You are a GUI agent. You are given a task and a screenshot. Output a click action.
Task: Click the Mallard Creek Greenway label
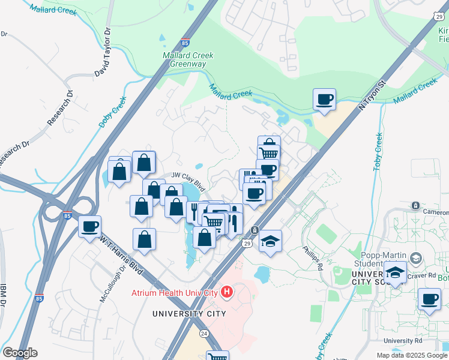pyautogui.click(x=188, y=60)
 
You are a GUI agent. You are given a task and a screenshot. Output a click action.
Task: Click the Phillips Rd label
pyautogui.click(x=313, y=257)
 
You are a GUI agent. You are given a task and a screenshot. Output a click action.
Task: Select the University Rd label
pyautogui.click(x=399, y=341)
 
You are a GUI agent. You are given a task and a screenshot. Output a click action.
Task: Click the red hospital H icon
pyautogui.click(x=227, y=293)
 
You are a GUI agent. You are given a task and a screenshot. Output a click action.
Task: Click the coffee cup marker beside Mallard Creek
pyautogui.click(x=325, y=100)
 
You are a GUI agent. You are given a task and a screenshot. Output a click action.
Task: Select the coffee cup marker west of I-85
pyautogui.click(x=90, y=227)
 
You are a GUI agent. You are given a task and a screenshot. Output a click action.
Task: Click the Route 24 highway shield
pyautogui.click(x=202, y=333)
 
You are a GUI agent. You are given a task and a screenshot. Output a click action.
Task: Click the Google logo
pyautogui.click(x=20, y=353)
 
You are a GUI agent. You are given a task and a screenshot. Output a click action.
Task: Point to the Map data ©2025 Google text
pyautogui.click(x=412, y=355)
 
